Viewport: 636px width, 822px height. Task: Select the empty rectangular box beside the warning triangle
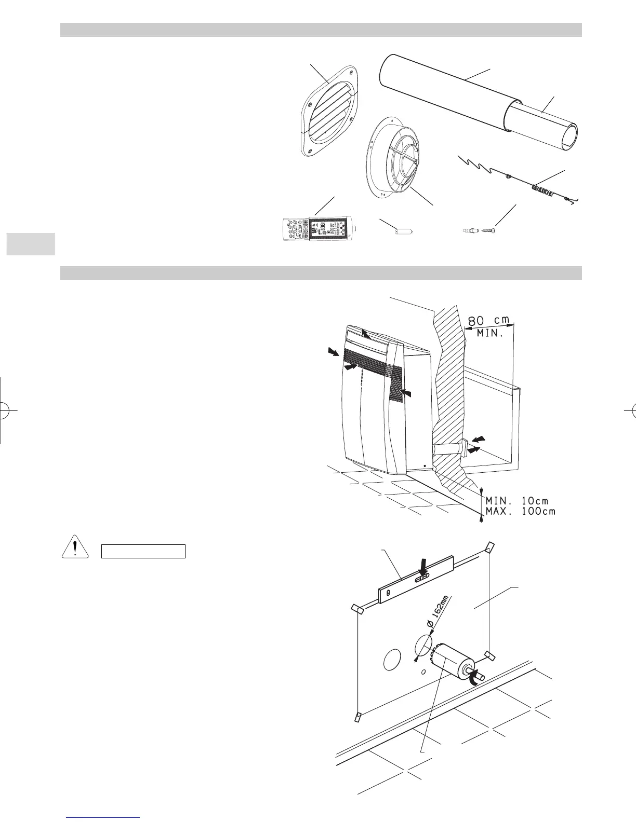[x=143, y=551]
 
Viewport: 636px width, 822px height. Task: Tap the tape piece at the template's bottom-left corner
[x=358, y=717]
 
